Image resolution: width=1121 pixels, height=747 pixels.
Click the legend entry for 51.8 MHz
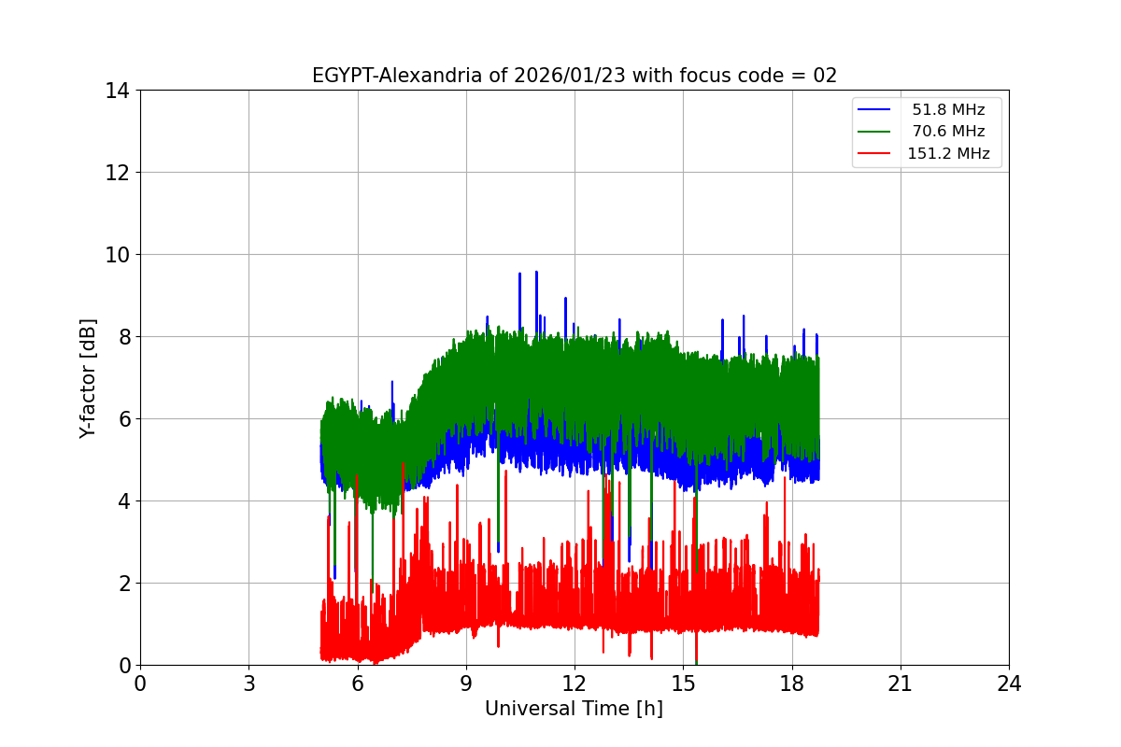pos(948,110)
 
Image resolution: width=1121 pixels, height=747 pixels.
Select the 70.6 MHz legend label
pos(948,132)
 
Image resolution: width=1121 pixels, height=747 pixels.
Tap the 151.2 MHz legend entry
pos(948,154)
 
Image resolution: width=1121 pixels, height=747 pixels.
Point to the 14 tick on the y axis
pos(118,91)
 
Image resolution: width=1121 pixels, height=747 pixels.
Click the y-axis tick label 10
pos(118,255)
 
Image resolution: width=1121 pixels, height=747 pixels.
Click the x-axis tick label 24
pos(1009,684)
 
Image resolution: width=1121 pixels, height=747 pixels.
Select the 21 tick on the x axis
pos(901,684)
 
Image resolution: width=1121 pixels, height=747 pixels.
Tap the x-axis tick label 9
pos(466,684)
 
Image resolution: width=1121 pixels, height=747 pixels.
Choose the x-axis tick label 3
pos(248,684)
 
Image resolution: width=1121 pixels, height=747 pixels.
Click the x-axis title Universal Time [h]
pos(574,709)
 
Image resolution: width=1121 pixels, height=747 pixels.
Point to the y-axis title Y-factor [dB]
pos(88,377)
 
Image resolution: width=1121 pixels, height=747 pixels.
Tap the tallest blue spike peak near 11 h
pos(536,272)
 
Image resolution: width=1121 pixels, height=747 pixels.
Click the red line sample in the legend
pos(876,154)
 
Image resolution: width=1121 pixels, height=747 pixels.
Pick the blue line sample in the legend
pos(876,110)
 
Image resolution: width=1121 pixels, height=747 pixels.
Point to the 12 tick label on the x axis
pos(575,684)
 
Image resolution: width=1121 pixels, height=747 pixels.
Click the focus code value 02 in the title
pos(825,76)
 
